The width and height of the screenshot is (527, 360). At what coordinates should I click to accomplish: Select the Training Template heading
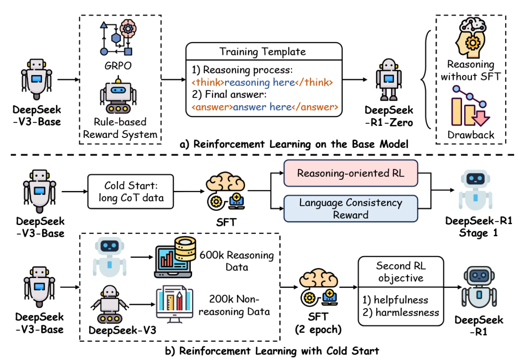click(263, 52)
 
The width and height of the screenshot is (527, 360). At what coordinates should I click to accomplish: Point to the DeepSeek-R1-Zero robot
click(389, 80)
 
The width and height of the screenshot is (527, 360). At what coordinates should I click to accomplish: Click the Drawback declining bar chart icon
click(471, 106)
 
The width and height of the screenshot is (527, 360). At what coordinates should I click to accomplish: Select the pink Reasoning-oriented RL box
click(350, 173)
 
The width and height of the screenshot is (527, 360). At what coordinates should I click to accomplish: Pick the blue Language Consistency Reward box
click(350, 209)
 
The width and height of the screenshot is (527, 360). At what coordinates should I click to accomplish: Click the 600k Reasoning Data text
click(236, 261)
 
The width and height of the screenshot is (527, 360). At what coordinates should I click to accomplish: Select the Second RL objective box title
click(400, 271)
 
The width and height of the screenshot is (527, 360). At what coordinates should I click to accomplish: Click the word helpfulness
click(395, 300)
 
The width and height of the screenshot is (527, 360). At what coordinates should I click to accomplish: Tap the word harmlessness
click(401, 312)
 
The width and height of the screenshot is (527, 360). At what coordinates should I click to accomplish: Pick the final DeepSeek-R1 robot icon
click(479, 289)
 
